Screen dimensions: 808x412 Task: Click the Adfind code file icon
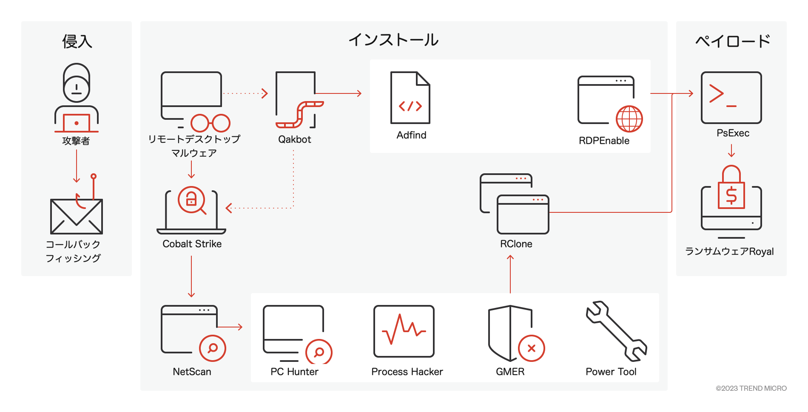[410, 98]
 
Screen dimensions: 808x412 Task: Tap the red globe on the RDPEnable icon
[629, 119]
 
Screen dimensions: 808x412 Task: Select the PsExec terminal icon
[731, 98]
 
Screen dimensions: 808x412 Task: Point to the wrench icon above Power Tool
[616, 331]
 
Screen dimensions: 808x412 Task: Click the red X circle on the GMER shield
[532, 348]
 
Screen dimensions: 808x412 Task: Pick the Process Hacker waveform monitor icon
[404, 331]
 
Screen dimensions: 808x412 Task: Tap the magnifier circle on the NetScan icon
[213, 348]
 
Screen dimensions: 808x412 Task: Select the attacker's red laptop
[77, 123]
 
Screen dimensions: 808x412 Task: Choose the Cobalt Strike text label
[192, 244]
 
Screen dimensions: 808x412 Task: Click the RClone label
[516, 244]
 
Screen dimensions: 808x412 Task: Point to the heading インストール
[394, 40]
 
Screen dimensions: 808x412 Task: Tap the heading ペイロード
[733, 41]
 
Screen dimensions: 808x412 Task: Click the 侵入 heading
[77, 41]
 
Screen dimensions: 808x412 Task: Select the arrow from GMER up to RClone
[510, 274]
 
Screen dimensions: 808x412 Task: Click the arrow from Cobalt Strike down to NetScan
[191, 277]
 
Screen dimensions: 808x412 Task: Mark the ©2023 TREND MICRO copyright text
[751, 388]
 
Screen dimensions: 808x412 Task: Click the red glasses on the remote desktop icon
[211, 123]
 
